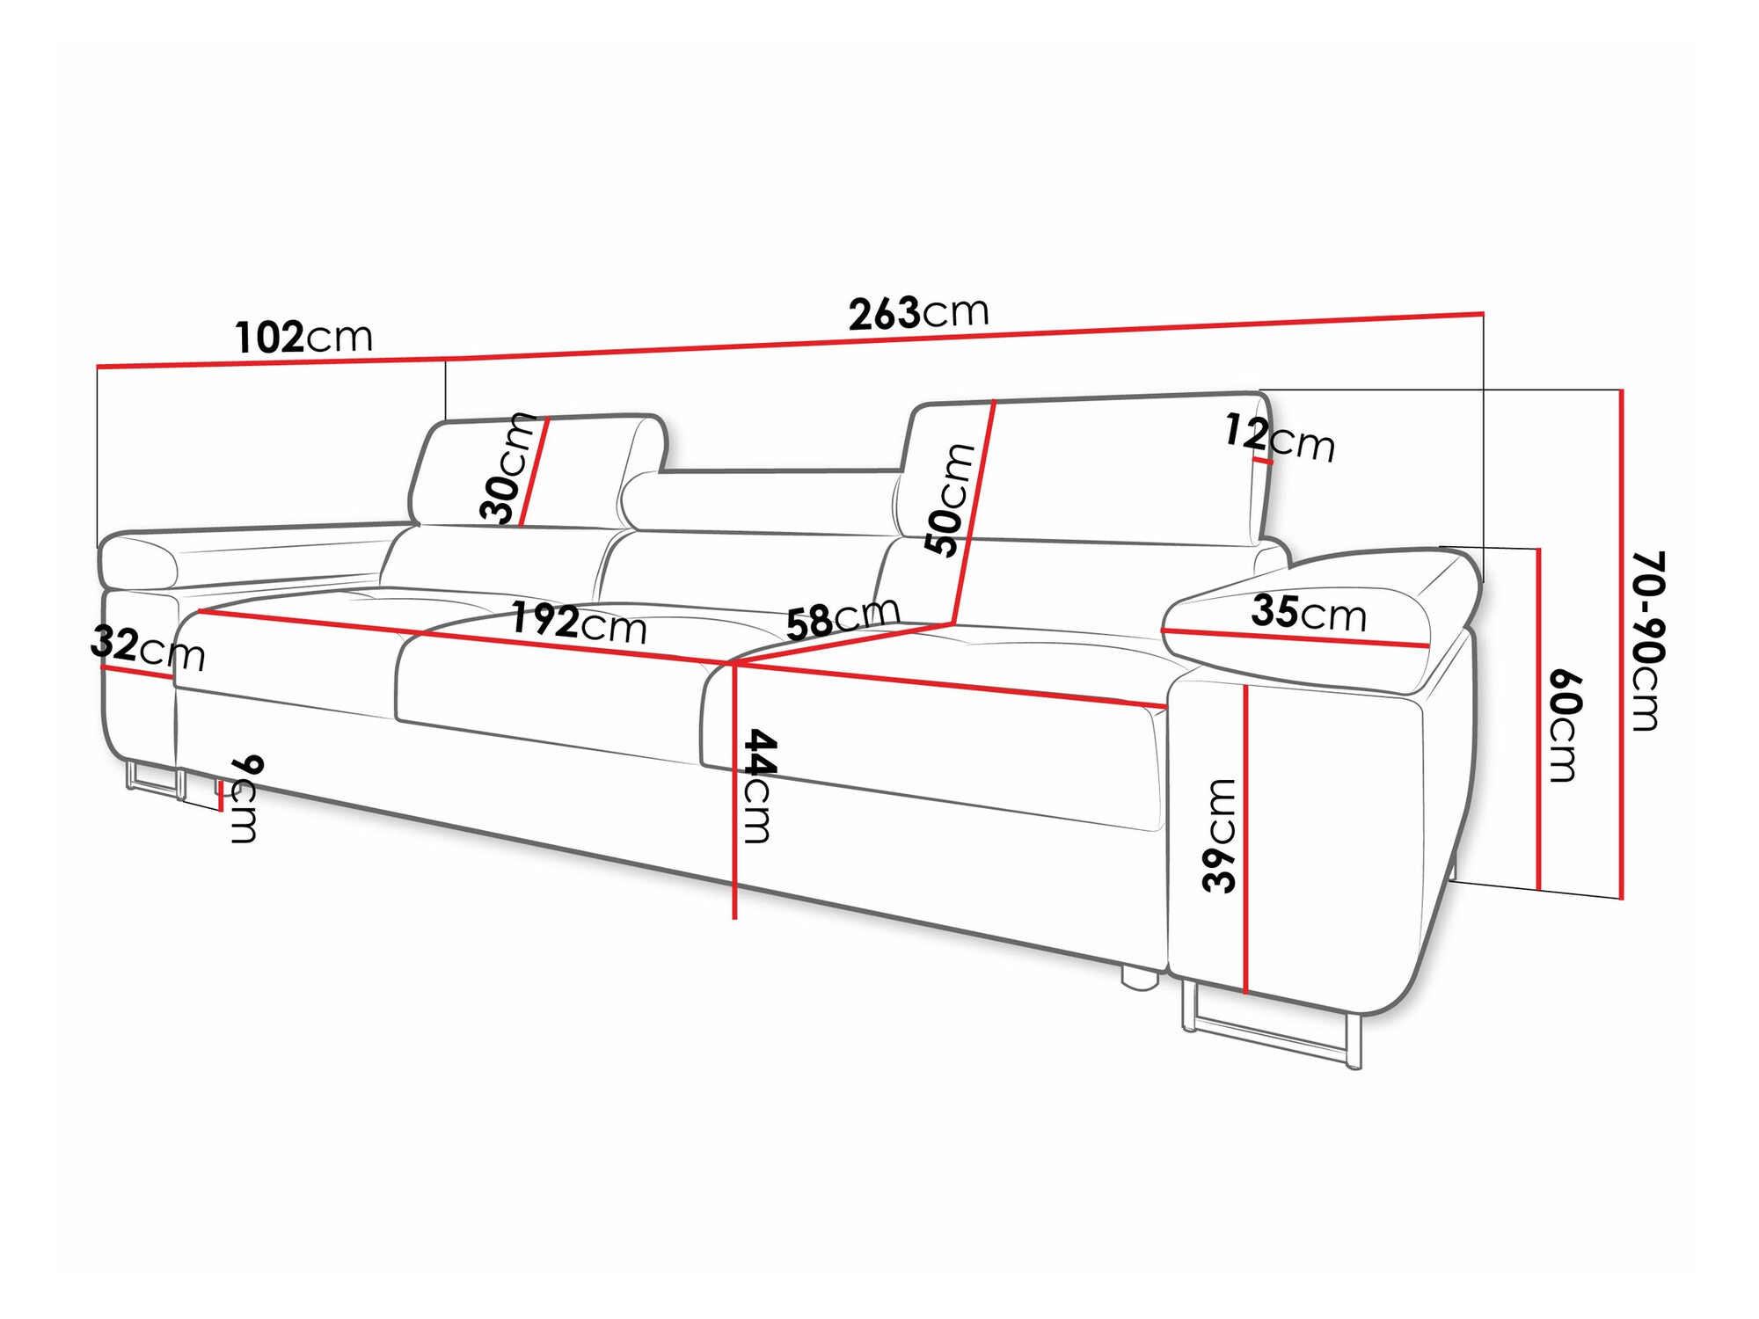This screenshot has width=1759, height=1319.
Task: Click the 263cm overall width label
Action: pyautogui.click(x=918, y=313)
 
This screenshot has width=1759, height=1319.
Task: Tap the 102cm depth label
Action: pyautogui.click(x=303, y=337)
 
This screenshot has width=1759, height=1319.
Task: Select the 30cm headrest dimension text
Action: pyautogui.click(x=508, y=469)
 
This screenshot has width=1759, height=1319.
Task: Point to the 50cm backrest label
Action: pyautogui.click(x=951, y=499)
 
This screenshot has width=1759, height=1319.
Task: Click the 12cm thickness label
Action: pyautogui.click(x=1280, y=438)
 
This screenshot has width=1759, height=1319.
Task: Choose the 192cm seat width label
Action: pyautogui.click(x=578, y=623)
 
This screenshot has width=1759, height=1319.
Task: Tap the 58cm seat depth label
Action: pyautogui.click(x=843, y=617)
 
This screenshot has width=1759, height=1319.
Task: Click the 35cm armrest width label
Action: pyautogui.click(x=1309, y=613)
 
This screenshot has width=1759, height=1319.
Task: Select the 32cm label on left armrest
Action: pyautogui.click(x=147, y=649)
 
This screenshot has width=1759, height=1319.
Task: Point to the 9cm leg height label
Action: pyautogui.click(x=245, y=798)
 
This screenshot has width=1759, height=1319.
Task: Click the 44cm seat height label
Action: pyautogui.click(x=757, y=785)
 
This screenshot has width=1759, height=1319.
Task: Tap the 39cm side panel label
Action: pyautogui.click(x=1220, y=835)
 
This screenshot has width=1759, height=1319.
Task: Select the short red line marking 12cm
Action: pyautogui.click(x=1262, y=460)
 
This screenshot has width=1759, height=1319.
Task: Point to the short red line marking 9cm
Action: pyautogui.click(x=221, y=797)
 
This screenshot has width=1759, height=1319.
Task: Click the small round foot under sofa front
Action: pyautogui.click(x=1137, y=980)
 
